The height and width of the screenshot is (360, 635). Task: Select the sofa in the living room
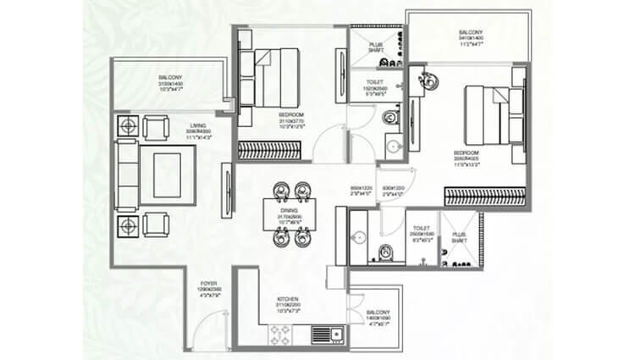pos(126,174)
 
